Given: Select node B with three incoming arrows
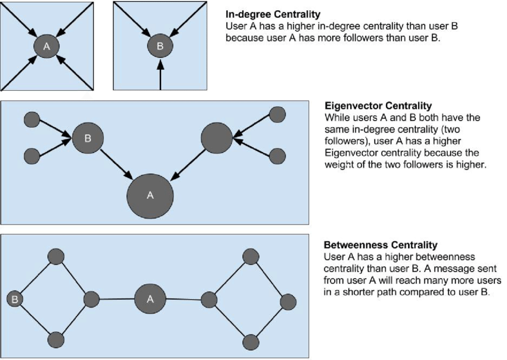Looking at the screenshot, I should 159,45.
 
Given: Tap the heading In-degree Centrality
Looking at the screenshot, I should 273,14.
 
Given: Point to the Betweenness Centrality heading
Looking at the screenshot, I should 380,245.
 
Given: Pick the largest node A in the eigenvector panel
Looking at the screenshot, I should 150,195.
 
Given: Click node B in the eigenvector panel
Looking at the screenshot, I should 88,139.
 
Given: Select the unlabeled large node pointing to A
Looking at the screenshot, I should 217,139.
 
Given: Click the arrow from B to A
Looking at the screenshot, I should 116,162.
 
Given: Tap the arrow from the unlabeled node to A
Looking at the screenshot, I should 188,162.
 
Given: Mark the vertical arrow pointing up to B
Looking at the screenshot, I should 159,75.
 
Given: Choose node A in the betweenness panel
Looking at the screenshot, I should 150,299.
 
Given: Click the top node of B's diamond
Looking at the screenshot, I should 55,257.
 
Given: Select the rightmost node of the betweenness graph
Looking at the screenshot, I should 288,302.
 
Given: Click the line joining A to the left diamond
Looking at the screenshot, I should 116,299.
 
